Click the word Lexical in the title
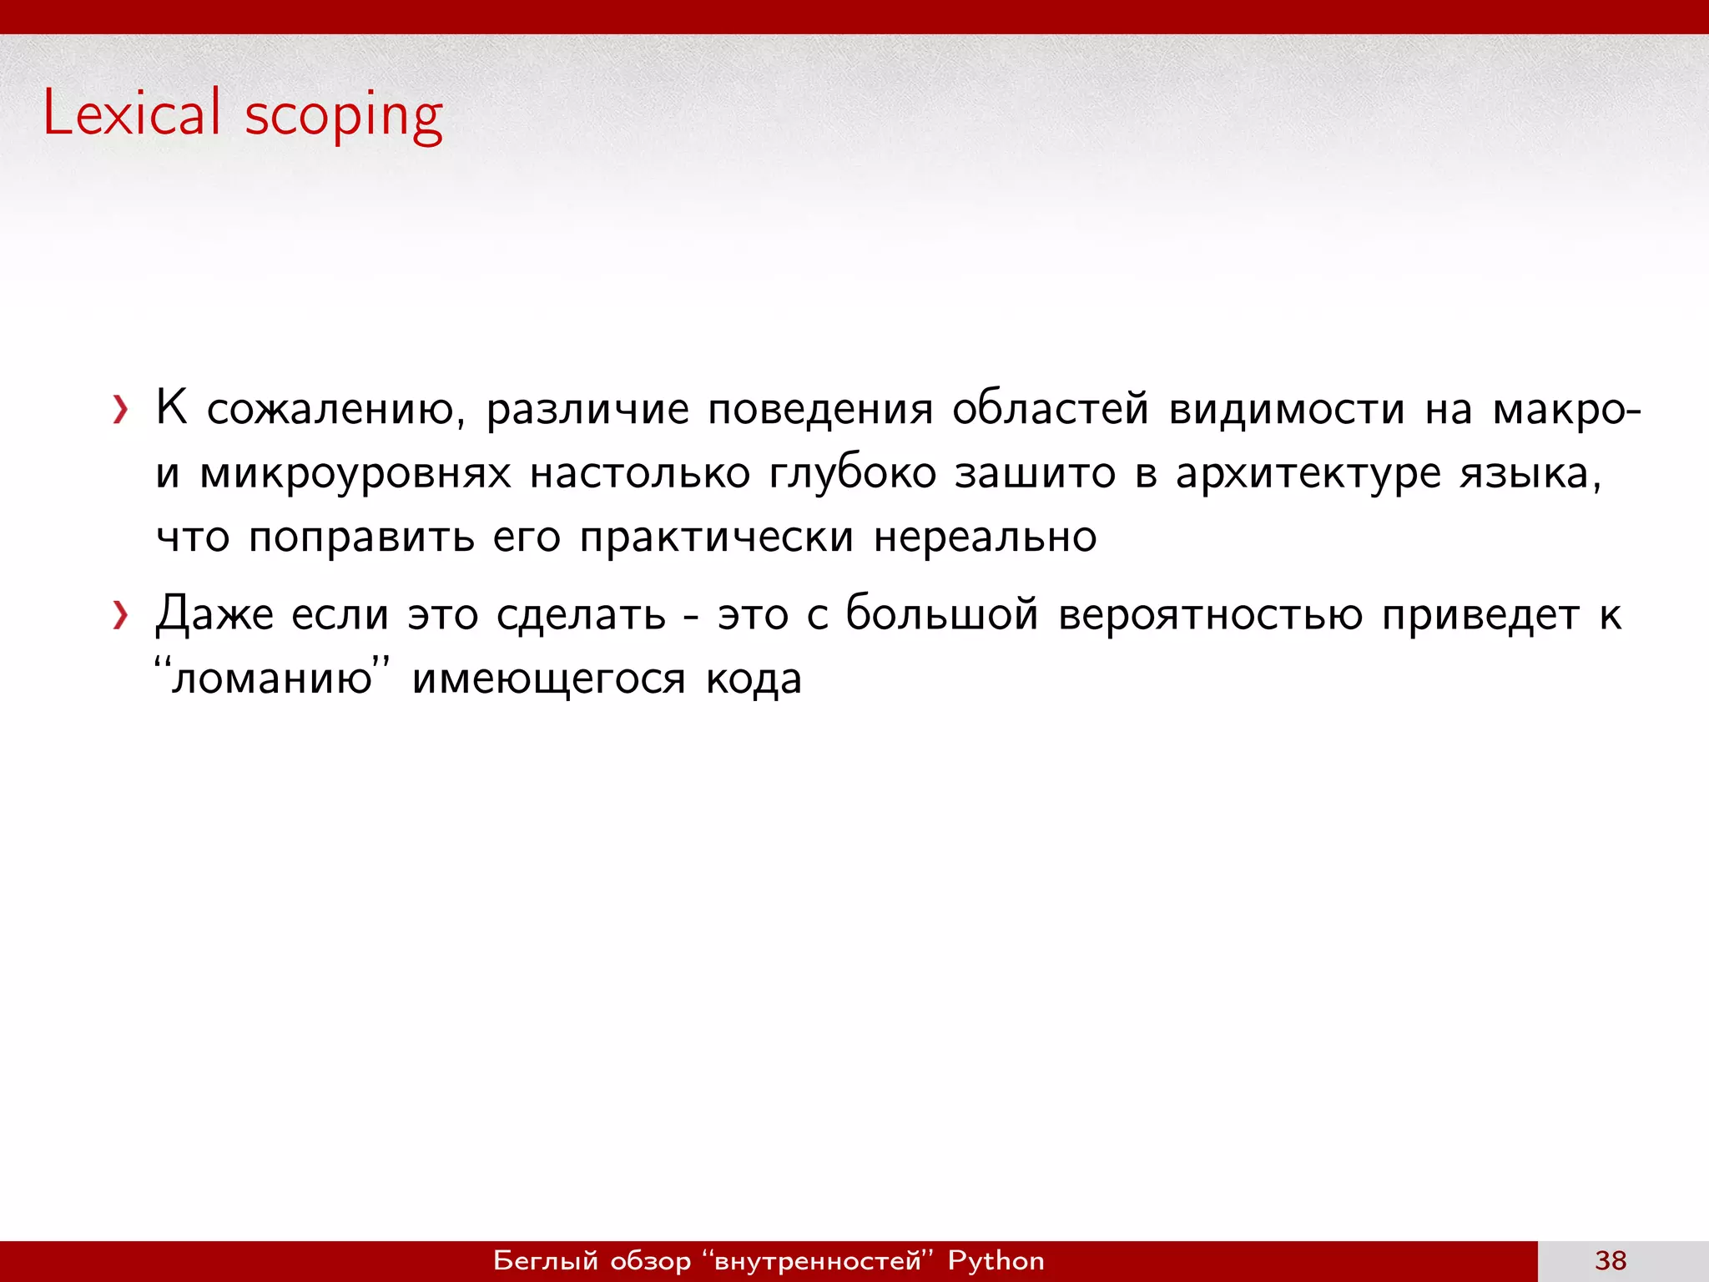coord(132,113)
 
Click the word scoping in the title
coord(343,117)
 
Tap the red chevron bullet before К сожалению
coord(121,410)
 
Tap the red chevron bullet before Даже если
coord(121,616)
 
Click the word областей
coord(1050,409)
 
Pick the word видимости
coord(1286,409)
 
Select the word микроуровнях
coord(355,474)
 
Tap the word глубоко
coord(851,472)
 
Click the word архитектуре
coord(1308,474)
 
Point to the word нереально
coord(985,537)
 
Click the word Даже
coord(214,616)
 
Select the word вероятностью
coord(1210,616)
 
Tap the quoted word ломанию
coord(272,678)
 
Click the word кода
coord(754,678)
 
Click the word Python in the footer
coord(996,1260)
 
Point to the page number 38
coord(1611,1260)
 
